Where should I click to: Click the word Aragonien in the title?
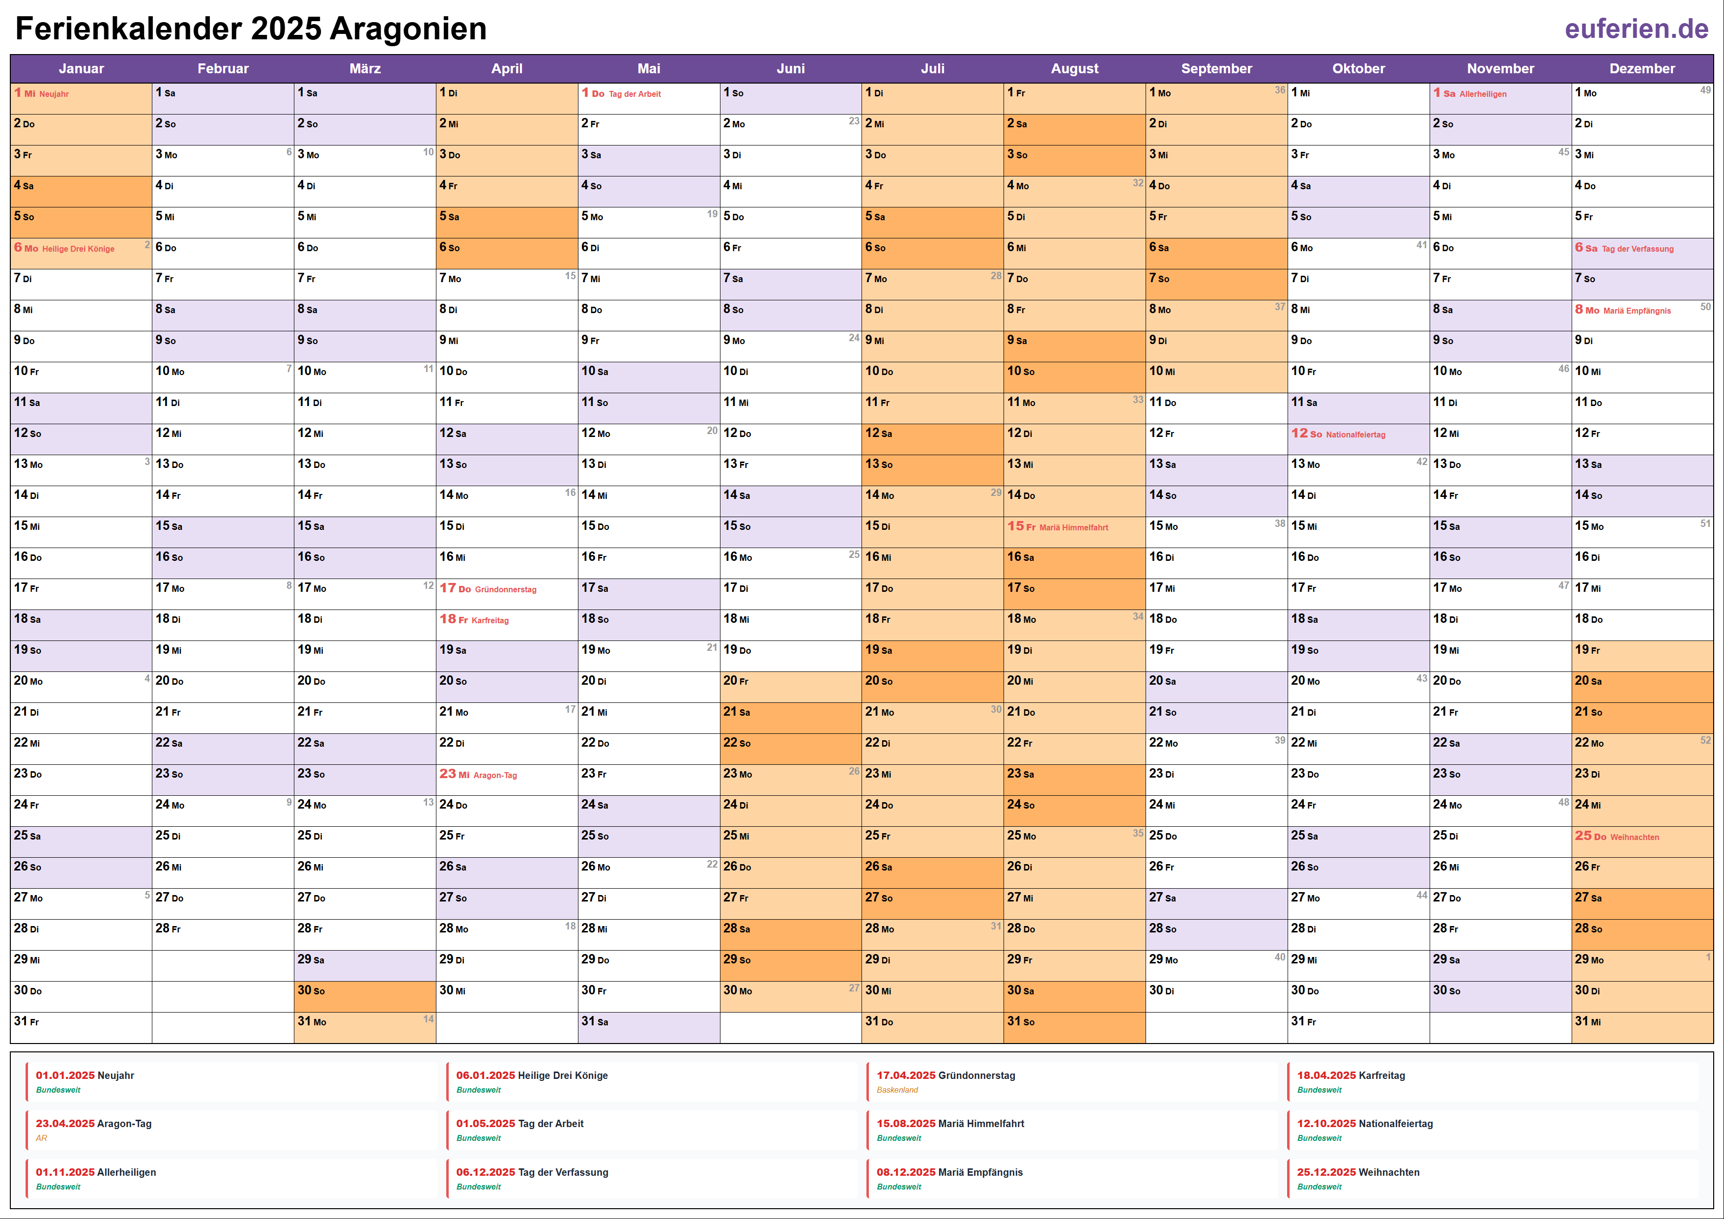point(408,29)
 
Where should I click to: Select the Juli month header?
point(933,68)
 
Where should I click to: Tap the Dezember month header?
point(1642,68)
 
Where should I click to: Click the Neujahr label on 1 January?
point(54,94)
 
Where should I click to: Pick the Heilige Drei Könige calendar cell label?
point(78,249)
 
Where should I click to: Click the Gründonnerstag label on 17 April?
point(505,590)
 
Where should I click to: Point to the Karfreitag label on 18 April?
point(490,620)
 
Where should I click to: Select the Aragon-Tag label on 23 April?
point(495,775)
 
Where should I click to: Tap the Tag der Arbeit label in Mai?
point(634,94)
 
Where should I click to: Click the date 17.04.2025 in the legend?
point(906,1075)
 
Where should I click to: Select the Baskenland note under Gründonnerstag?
point(897,1090)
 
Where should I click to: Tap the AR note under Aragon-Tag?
point(41,1138)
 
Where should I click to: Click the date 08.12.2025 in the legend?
point(906,1172)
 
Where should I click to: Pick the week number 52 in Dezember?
point(1705,740)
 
